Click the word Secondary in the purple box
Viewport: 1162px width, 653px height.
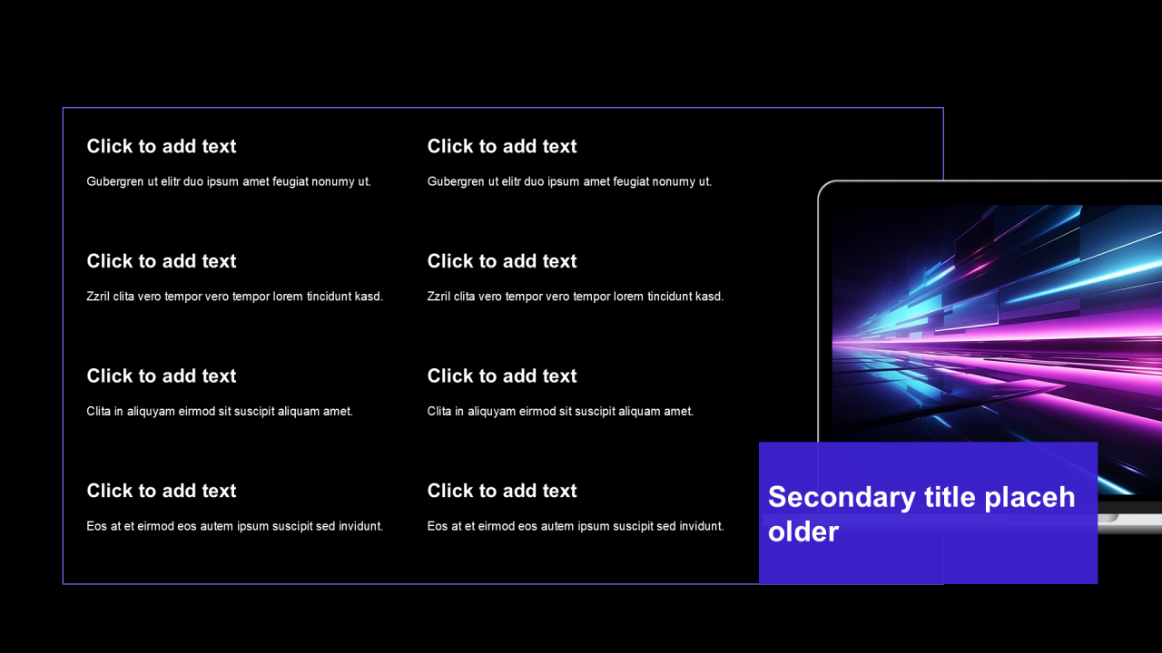point(842,498)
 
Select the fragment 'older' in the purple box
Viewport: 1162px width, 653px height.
point(803,531)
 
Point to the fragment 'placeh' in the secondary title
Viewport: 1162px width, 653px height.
point(1029,498)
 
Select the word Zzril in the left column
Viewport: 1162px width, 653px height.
point(98,297)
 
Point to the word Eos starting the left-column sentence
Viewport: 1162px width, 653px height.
point(96,526)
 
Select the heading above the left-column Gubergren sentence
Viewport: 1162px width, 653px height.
point(162,146)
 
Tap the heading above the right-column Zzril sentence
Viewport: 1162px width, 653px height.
point(502,261)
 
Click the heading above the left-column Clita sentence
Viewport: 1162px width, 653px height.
point(162,375)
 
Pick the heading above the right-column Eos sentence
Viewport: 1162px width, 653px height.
point(502,491)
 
